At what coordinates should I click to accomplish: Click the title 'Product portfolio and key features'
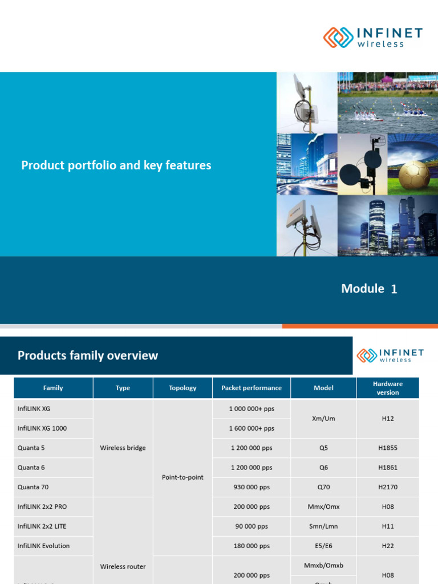(116, 165)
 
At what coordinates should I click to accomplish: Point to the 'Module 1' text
(368, 289)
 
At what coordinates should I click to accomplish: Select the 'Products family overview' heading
(88, 356)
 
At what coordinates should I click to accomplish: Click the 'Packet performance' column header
(252, 388)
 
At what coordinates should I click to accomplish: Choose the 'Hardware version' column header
(388, 388)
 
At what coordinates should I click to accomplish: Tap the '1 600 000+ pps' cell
(252, 428)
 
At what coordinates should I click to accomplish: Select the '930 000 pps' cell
(252, 487)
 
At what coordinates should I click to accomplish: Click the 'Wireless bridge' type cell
(123, 448)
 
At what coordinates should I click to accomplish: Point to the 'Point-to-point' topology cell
(182, 477)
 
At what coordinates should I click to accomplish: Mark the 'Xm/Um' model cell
(323, 419)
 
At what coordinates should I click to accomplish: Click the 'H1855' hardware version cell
(388, 448)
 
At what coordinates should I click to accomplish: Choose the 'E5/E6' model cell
(323, 546)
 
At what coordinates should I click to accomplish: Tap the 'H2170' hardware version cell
(388, 487)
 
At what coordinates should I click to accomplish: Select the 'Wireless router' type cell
(123, 566)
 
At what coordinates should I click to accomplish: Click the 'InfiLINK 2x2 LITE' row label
(42, 526)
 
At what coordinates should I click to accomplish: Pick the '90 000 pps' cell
(252, 526)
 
